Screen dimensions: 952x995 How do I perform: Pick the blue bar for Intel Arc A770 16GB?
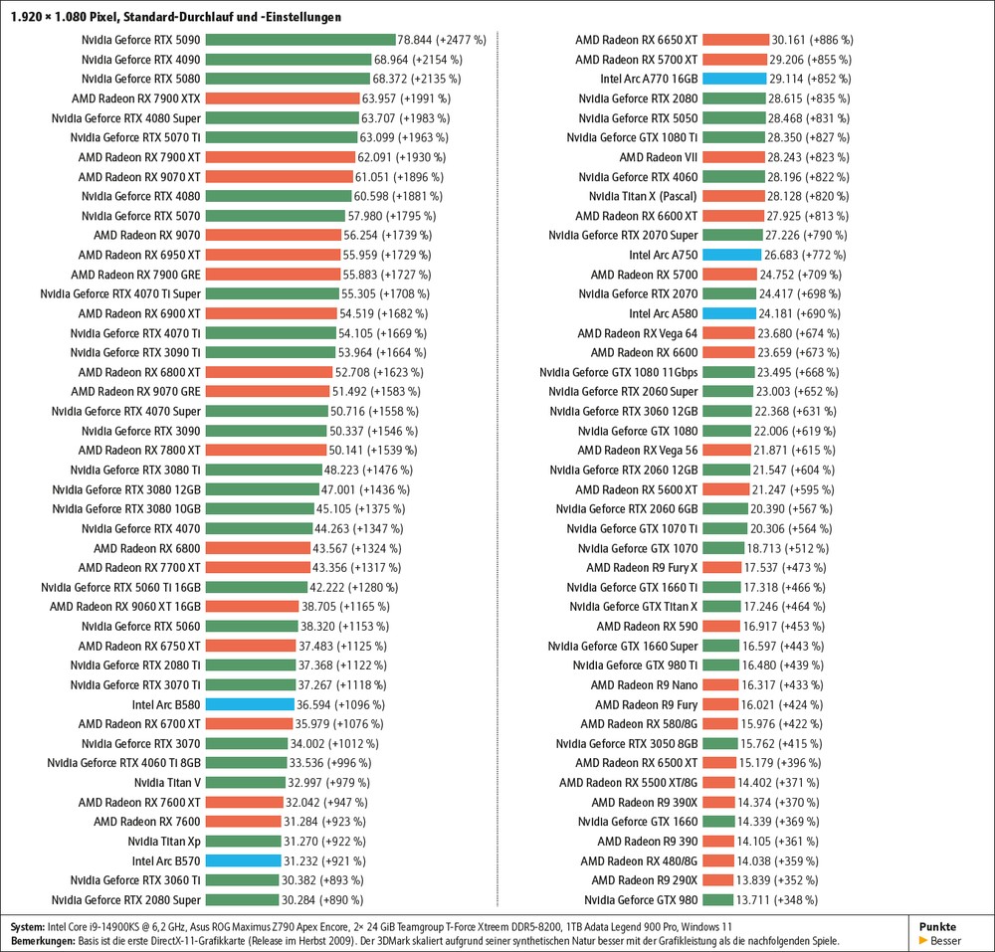tap(733, 79)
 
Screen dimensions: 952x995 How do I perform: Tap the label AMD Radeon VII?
tap(658, 157)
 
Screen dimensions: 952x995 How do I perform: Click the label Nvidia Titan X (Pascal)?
tap(642, 196)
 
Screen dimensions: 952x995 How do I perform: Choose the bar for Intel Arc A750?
tap(730, 255)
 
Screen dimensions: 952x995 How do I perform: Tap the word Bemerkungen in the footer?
tap(42, 941)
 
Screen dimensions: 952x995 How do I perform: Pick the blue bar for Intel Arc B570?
tap(243, 860)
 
